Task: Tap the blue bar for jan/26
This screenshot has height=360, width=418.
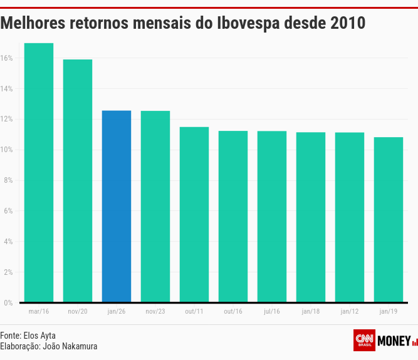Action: coord(117,206)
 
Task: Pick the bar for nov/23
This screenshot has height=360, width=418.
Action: coord(155,206)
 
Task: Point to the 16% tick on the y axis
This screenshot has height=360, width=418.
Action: coord(7,58)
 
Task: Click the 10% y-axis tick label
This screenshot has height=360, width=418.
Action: coord(7,150)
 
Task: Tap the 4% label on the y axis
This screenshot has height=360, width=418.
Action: coord(8,242)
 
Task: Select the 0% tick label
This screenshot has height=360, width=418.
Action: coord(8,303)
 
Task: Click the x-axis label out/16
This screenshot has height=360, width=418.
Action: coord(233,311)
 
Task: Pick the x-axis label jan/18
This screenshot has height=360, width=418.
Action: coord(311,311)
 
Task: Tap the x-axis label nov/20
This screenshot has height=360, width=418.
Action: coord(78,311)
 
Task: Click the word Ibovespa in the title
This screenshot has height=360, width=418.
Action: coord(248,23)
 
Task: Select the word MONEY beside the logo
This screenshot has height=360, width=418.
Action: coord(394,341)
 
